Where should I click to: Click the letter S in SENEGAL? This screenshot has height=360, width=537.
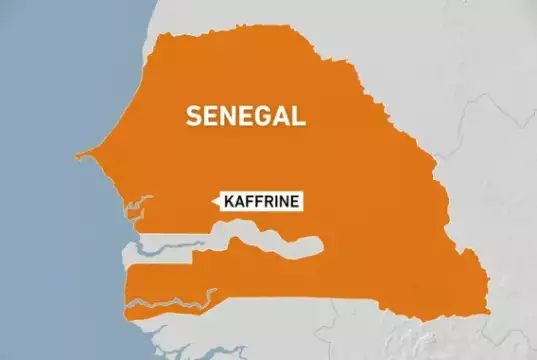coord(195,115)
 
